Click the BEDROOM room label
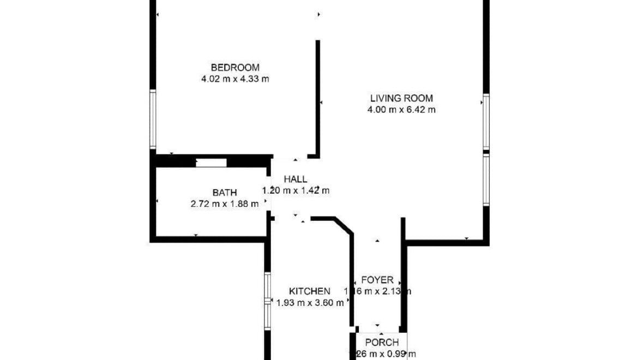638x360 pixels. click(x=235, y=68)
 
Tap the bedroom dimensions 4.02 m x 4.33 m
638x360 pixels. click(x=235, y=79)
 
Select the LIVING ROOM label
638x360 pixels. click(x=401, y=99)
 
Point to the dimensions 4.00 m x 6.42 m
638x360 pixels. click(x=401, y=110)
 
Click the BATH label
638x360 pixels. click(x=225, y=193)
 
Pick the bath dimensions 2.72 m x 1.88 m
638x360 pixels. click(x=224, y=204)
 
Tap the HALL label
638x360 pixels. click(x=295, y=179)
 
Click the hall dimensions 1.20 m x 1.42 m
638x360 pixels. click(x=296, y=190)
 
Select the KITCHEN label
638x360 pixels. click(x=309, y=291)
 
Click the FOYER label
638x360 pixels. click(x=377, y=280)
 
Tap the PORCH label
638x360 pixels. click(x=382, y=343)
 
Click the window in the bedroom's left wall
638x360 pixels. click(x=153, y=119)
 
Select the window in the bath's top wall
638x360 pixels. click(x=211, y=162)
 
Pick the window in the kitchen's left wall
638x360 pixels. click(x=268, y=301)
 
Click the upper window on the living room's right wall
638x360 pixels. click(x=486, y=122)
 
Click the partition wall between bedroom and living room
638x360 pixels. click(x=317, y=98)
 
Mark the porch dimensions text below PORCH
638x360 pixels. click(x=382, y=354)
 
